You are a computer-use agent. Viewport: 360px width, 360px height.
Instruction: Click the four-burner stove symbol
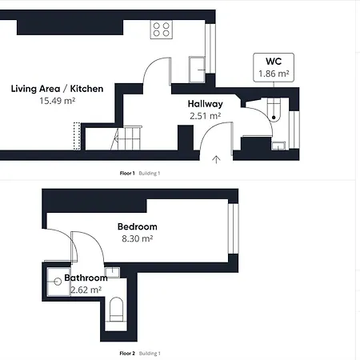(x=162, y=30)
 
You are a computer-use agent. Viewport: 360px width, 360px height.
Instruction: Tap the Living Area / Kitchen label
(x=57, y=89)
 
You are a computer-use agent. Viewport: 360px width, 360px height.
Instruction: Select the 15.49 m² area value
(x=57, y=101)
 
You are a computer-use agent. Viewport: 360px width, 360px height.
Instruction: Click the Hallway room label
(x=205, y=104)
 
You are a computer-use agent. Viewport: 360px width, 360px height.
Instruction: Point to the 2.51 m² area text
(x=205, y=116)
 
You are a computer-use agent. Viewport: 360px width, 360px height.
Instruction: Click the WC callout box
(x=274, y=67)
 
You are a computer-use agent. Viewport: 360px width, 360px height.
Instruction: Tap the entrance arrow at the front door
(x=216, y=159)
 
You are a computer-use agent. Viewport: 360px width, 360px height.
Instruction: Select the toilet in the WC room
(x=274, y=110)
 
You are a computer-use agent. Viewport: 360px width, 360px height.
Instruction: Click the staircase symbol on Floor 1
(x=126, y=138)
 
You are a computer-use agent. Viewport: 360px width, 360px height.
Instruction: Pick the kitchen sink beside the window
(x=197, y=69)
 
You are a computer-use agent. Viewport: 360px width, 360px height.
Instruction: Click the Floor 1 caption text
(x=127, y=174)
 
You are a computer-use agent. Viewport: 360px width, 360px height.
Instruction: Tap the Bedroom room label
(x=138, y=226)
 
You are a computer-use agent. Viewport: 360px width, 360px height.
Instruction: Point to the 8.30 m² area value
(x=138, y=238)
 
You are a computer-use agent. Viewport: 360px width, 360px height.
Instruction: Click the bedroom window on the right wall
(x=234, y=229)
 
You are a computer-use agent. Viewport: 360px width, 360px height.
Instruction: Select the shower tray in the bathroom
(x=58, y=282)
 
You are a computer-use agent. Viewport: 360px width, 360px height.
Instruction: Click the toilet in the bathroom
(x=116, y=310)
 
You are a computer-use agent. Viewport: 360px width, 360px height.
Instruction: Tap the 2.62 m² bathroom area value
(x=86, y=290)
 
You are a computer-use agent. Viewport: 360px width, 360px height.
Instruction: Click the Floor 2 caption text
(x=127, y=354)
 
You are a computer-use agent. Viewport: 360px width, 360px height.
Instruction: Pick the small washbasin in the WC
(x=278, y=146)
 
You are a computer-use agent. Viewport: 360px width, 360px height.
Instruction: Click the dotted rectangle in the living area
(x=77, y=136)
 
